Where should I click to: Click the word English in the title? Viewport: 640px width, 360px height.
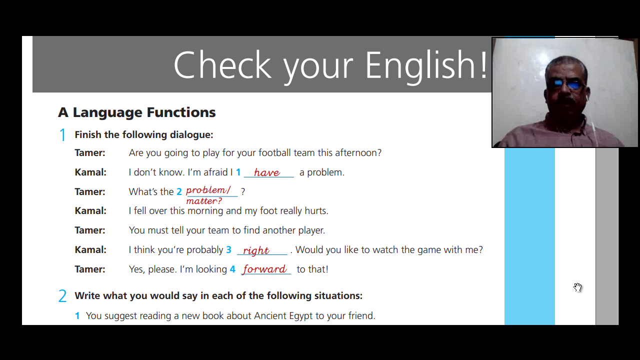click(419, 65)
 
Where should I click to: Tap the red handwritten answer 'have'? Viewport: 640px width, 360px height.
click(267, 172)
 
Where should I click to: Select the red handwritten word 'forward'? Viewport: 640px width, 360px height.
click(264, 269)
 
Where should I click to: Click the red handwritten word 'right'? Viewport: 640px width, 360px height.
click(256, 250)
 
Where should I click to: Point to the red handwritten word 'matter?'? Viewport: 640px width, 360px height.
click(204, 201)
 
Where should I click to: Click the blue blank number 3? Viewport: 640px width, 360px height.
click(229, 249)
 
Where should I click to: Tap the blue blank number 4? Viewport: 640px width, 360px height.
click(232, 269)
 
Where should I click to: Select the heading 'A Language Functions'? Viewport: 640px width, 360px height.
click(137, 112)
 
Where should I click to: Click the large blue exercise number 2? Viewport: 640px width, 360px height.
click(62, 295)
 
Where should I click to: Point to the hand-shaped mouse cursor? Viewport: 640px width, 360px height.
click(577, 287)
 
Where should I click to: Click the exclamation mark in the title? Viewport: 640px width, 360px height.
click(483, 65)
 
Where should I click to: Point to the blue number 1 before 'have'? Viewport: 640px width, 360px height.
click(238, 172)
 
